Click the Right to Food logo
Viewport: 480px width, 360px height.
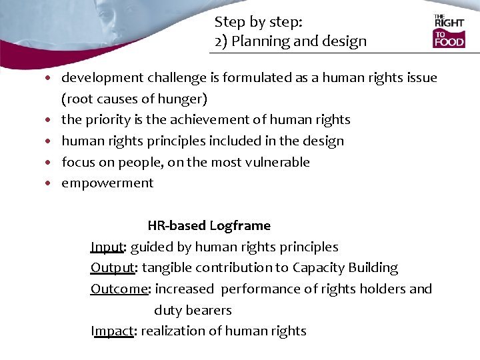(449, 31)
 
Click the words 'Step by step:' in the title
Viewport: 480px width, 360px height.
(259, 22)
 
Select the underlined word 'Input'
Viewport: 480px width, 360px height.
(107, 247)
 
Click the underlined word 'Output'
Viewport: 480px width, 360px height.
(113, 268)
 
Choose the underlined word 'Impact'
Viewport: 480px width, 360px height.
(112, 331)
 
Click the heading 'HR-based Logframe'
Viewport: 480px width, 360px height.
(209, 226)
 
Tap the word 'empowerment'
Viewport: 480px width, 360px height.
(107, 183)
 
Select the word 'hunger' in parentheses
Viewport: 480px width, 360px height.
(183, 99)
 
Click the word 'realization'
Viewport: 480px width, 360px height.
(173, 331)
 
